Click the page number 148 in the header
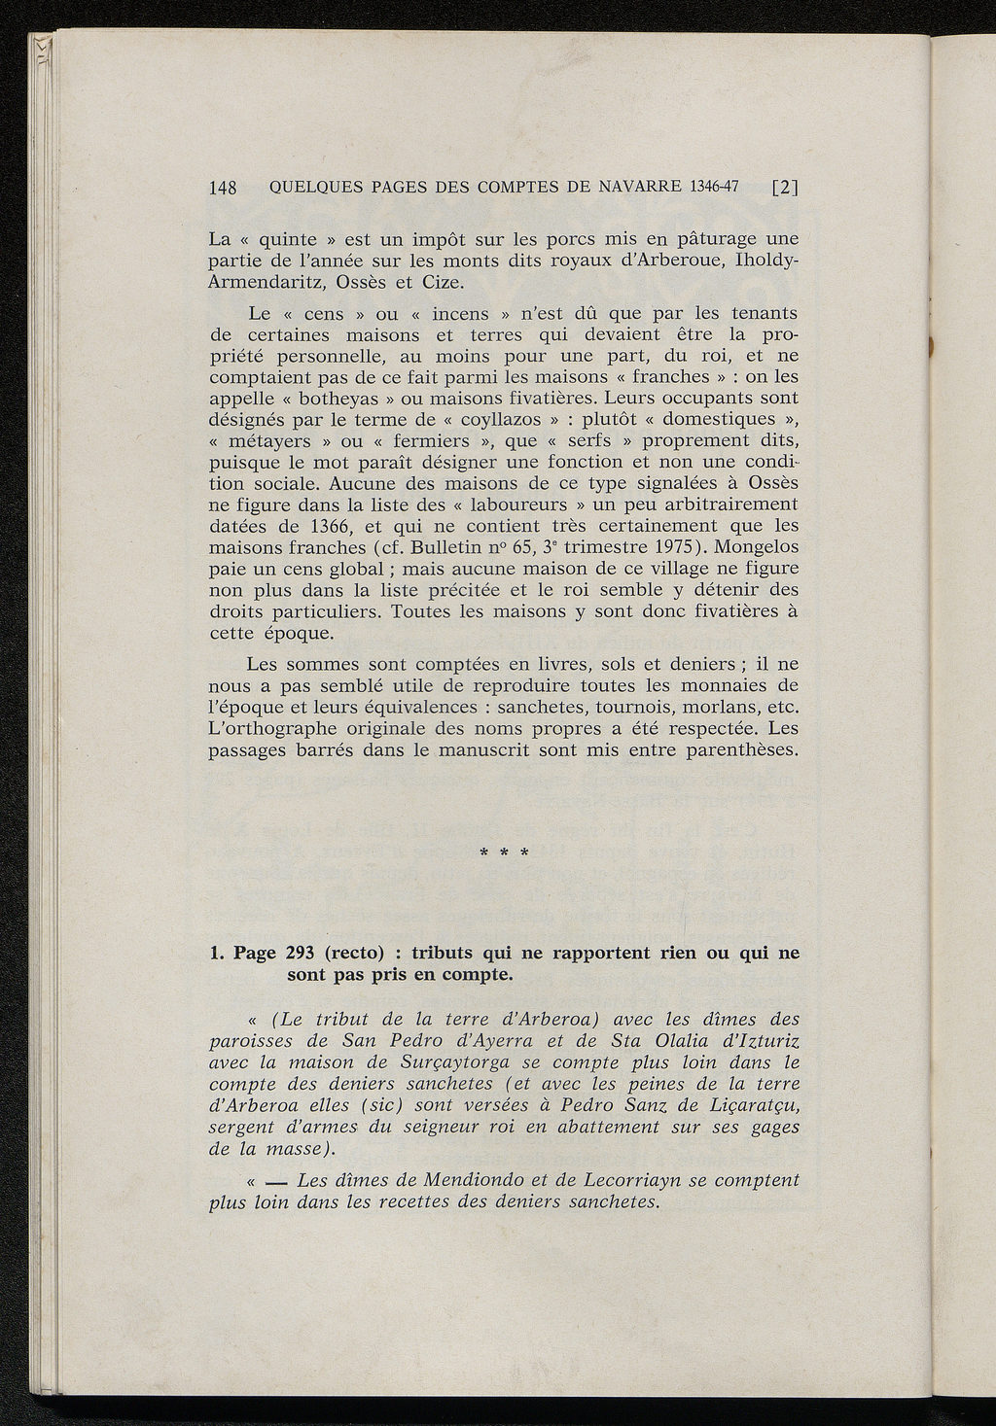coord(224,189)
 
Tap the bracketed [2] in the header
coord(784,188)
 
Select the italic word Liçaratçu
coord(748,1105)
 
